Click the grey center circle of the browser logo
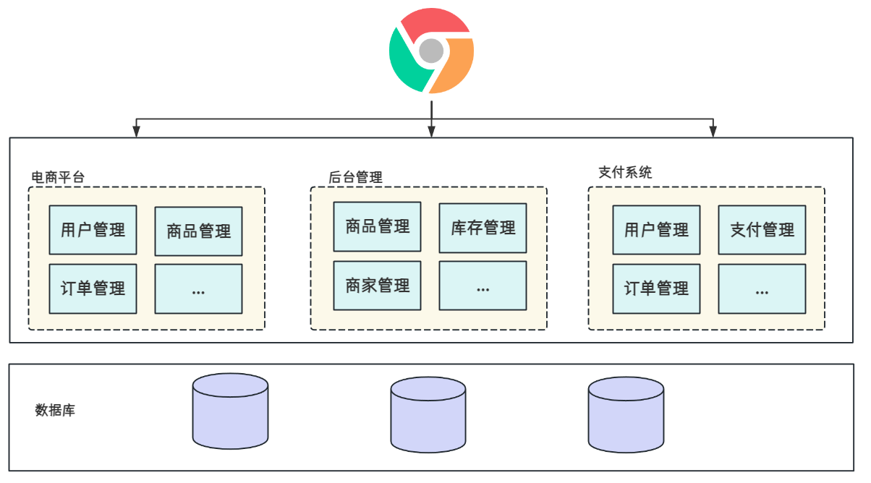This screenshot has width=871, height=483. (431, 51)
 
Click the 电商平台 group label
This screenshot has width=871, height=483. (58, 176)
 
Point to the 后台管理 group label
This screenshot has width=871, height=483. (355, 177)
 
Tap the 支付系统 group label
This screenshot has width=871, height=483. (625, 173)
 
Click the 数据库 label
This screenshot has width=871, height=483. (55, 410)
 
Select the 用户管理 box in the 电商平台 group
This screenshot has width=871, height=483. (93, 230)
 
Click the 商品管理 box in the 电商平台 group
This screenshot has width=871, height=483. (198, 231)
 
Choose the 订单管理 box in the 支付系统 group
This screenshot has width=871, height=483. (656, 289)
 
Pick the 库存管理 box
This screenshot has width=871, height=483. (483, 228)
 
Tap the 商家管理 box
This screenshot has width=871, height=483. (377, 286)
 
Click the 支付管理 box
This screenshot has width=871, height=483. (762, 230)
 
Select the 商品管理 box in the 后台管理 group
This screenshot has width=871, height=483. (377, 226)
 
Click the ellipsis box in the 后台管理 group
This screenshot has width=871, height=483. (483, 286)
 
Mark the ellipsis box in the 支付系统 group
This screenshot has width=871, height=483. (762, 289)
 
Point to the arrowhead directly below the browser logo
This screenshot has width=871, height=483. (431, 131)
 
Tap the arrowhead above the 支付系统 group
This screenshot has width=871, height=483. (713, 131)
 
